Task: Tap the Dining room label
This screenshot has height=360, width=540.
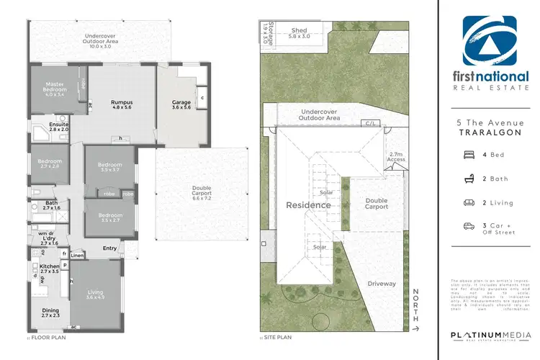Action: pos(51,311)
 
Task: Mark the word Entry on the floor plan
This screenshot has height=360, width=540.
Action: pos(109,248)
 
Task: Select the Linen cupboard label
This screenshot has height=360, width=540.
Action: pos(77,256)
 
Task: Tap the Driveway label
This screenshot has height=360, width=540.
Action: pos(382,284)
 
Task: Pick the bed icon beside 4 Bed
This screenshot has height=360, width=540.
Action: pos(469,154)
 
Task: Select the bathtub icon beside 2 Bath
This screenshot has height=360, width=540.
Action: pos(469,178)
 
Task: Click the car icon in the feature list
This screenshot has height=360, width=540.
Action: pos(469,226)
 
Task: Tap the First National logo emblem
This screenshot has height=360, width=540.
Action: pos(489,41)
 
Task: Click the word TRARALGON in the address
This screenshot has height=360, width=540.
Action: pos(489,134)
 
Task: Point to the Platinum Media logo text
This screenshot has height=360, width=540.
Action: pos(490,336)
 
